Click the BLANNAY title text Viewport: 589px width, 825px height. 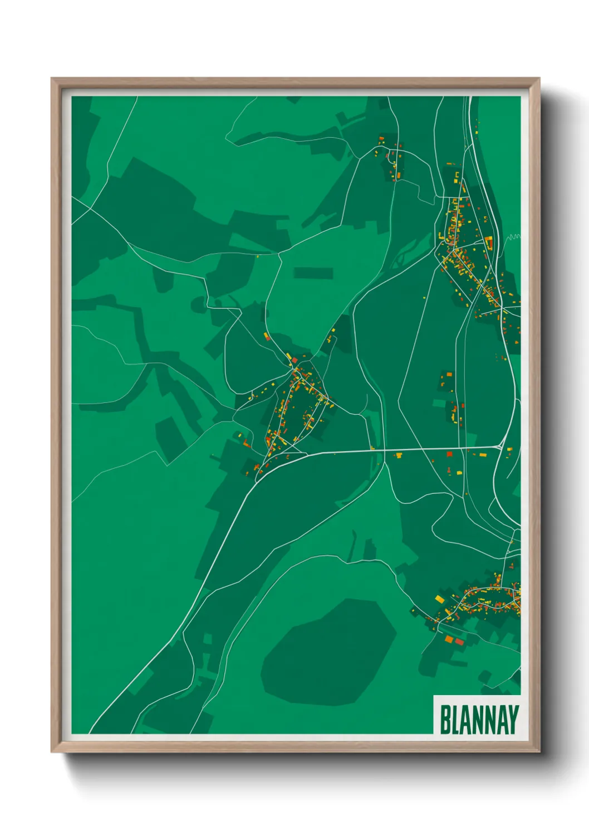click(x=479, y=720)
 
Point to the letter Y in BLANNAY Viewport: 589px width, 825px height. click(x=513, y=720)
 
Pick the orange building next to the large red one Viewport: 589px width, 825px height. click(x=449, y=638)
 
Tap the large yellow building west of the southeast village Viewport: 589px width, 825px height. click(x=440, y=599)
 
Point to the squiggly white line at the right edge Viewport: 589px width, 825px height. click(x=513, y=237)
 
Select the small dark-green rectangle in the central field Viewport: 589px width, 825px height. click(x=313, y=273)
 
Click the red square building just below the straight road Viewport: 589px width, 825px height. click(x=449, y=454)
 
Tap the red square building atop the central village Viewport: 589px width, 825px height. click(x=294, y=361)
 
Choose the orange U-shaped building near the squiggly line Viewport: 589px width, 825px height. click(x=489, y=243)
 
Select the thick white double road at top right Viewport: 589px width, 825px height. click(x=479, y=167)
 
